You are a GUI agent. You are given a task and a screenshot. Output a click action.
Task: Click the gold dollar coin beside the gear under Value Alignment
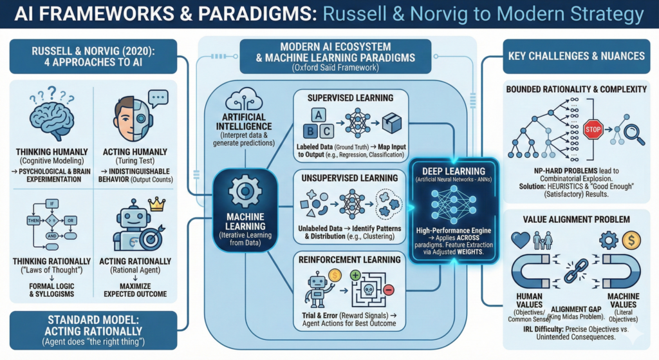[630, 240]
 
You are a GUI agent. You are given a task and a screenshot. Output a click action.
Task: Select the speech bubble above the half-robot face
[157, 97]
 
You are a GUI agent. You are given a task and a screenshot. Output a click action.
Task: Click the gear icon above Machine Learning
[245, 191]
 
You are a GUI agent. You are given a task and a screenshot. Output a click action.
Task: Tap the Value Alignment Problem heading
[577, 218]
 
